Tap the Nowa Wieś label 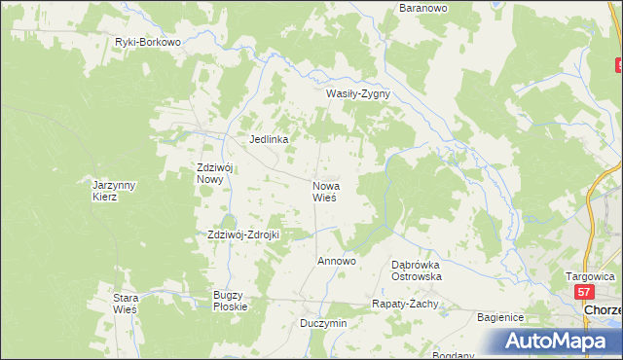pos(324,191)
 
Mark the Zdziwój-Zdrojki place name pos(243,234)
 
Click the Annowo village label pos(337,262)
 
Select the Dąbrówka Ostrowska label pos(417,270)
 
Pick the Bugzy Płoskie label pos(231,301)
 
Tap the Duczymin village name pos(323,323)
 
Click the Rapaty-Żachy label pos(406,304)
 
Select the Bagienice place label pos(500,317)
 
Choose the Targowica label pos(590,276)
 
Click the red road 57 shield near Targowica pos(583,292)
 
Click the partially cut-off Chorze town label pos(603,309)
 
